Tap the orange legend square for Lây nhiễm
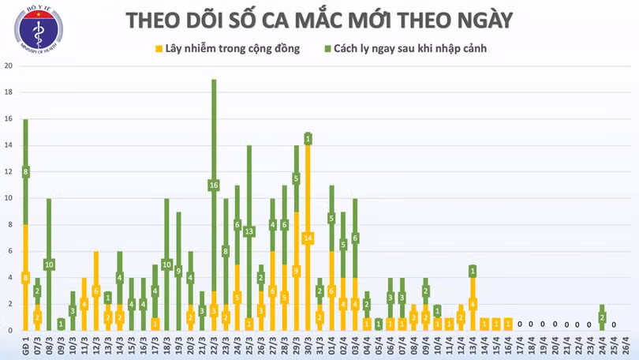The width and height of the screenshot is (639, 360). pyautogui.click(x=159, y=49)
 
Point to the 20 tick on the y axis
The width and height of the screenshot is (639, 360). pyautogui.click(x=8, y=66)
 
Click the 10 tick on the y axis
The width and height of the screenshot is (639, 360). pyautogui.click(x=8, y=198)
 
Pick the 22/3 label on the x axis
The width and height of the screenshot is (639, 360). pyautogui.click(x=214, y=345)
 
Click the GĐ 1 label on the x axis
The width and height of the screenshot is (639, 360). pyautogui.click(x=25, y=345)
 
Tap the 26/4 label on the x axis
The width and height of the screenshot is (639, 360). pyautogui.click(x=615, y=345)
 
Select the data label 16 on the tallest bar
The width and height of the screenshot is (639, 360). pyautogui.click(x=214, y=185)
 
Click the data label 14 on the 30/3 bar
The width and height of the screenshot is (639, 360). pyautogui.click(x=308, y=238)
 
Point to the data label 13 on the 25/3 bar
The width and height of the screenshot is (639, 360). pyautogui.click(x=249, y=231)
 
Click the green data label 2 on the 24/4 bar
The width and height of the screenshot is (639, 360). pyautogui.click(x=602, y=317)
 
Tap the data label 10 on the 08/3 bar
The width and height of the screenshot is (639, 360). pyautogui.click(x=49, y=264)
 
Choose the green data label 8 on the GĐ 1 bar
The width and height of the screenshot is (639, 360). pyautogui.click(x=25, y=171)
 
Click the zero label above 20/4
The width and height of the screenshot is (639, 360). pyautogui.click(x=555, y=324)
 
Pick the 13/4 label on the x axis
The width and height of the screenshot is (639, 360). pyautogui.click(x=473, y=345)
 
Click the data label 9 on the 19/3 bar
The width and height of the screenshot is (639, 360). pyautogui.click(x=178, y=271)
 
